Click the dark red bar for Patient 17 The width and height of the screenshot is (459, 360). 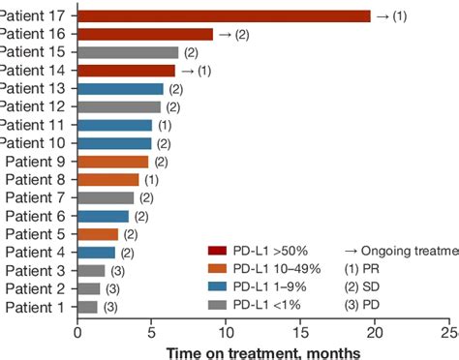click(x=224, y=15)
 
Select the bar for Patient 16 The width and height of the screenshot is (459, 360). click(x=145, y=34)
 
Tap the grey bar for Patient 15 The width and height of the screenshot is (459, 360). click(x=128, y=52)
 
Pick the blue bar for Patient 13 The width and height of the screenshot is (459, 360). click(x=120, y=89)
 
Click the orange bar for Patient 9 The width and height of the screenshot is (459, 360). click(x=113, y=162)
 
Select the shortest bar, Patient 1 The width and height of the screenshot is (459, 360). click(x=88, y=307)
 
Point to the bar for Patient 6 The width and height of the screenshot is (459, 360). click(x=104, y=216)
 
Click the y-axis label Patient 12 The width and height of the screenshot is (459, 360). click(x=33, y=106)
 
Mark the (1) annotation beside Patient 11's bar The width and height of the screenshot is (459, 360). click(x=165, y=125)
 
